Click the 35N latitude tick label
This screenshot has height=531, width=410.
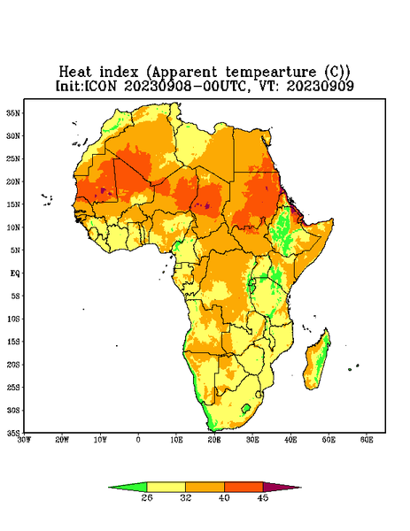(x=13, y=112)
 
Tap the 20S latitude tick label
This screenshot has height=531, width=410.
(x=13, y=365)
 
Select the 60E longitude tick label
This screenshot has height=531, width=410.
(x=367, y=440)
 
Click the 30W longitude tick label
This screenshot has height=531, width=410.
(x=24, y=440)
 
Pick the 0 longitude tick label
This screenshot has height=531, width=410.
(x=138, y=440)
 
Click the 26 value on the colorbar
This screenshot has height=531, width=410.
(x=147, y=497)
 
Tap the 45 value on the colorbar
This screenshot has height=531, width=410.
(x=263, y=497)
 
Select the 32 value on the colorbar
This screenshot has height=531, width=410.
(x=185, y=497)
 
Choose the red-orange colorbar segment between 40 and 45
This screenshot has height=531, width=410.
(x=244, y=488)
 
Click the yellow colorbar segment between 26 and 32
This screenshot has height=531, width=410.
(x=166, y=488)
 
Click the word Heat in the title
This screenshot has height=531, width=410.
(x=75, y=73)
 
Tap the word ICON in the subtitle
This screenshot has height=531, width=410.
(x=100, y=86)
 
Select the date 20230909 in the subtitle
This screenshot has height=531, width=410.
(x=321, y=86)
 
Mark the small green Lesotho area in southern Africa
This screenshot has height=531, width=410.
(x=246, y=408)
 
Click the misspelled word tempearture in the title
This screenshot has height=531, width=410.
(x=271, y=73)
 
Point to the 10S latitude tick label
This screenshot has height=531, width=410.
(x=13, y=319)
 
